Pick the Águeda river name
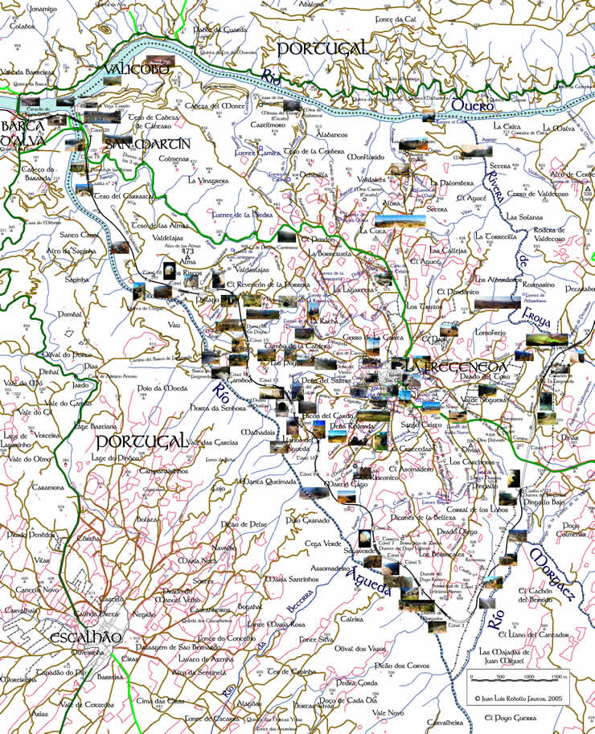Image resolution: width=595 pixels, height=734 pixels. coord(366,575)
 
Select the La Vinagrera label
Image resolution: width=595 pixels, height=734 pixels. coord(208,181)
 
